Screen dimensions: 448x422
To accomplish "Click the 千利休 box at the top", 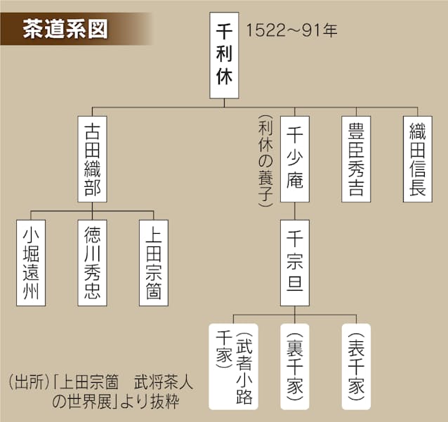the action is [224, 55].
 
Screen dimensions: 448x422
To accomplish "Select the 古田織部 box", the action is [92, 159].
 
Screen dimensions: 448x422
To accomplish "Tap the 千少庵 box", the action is [295, 159].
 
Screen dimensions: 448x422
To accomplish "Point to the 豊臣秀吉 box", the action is [356, 159].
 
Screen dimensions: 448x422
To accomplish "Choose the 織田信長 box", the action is [417, 159].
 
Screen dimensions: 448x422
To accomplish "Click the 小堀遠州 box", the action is [31, 263].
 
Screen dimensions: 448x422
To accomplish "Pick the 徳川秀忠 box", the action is [92, 263].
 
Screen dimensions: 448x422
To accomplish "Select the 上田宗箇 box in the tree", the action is [154, 263].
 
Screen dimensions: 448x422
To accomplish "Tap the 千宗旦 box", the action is [295, 263].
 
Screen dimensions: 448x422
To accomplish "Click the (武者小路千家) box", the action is [233, 367].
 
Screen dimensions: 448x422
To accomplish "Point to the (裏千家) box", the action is [295, 367].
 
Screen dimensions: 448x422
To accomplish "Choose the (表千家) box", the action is [356, 367].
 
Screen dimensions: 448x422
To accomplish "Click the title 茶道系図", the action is [65, 29].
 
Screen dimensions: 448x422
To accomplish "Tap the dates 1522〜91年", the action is [291, 30].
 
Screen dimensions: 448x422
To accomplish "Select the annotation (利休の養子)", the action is [265, 161].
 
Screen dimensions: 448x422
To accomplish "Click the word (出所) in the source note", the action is [29, 382].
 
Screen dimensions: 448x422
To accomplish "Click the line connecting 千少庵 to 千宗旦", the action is [295, 211].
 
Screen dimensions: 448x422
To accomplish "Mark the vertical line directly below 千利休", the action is [224, 103].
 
